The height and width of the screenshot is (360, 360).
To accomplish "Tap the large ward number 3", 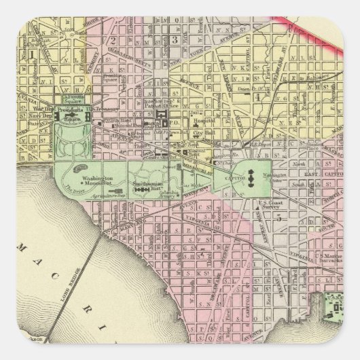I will click(173, 38).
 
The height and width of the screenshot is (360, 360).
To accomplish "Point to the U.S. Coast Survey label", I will click(272, 204).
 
